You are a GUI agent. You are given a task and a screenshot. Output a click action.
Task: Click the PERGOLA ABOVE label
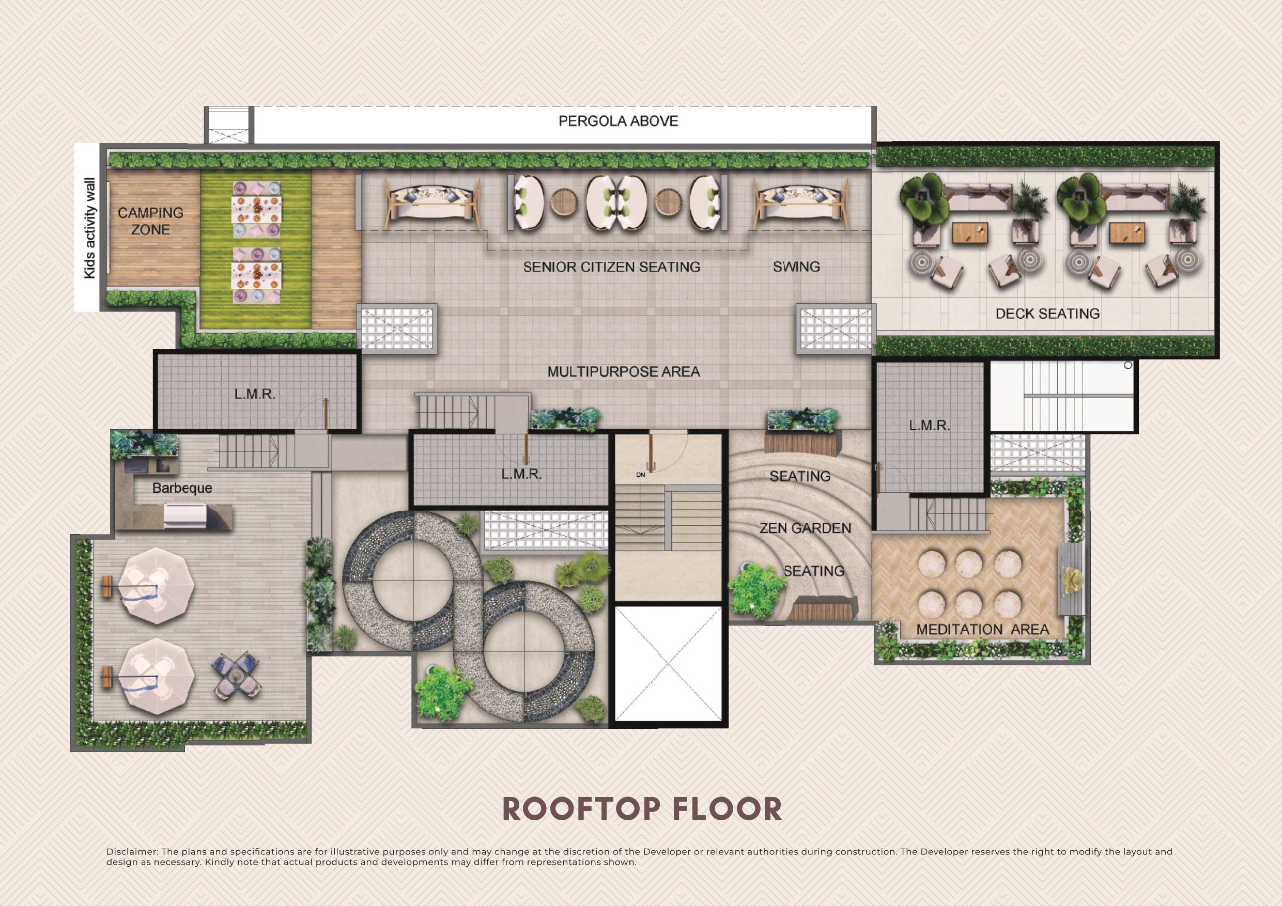click(x=618, y=121)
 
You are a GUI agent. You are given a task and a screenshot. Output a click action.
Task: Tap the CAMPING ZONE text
click(x=150, y=221)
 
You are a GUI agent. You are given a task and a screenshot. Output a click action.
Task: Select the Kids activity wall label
click(x=89, y=228)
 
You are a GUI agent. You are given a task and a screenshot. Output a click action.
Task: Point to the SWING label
click(x=796, y=267)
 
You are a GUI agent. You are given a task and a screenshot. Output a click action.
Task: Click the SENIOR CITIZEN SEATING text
click(x=611, y=267)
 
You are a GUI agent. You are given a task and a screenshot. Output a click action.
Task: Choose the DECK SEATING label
click(x=1047, y=314)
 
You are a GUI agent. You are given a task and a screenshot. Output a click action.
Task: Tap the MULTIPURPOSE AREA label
click(x=623, y=372)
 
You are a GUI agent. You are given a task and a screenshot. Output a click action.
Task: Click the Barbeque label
click(x=182, y=488)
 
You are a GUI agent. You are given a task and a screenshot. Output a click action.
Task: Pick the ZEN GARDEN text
click(x=805, y=528)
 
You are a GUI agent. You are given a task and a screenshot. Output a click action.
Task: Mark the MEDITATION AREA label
click(x=983, y=630)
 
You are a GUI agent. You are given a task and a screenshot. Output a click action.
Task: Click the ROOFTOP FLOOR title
click(x=642, y=809)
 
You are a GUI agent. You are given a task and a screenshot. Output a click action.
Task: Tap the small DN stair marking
click(x=640, y=475)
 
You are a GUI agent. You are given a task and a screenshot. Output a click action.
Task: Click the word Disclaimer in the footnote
click(x=132, y=852)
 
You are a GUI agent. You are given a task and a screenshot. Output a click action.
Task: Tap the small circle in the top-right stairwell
click(x=1127, y=366)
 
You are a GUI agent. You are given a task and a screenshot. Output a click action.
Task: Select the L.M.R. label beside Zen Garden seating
click(x=929, y=426)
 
